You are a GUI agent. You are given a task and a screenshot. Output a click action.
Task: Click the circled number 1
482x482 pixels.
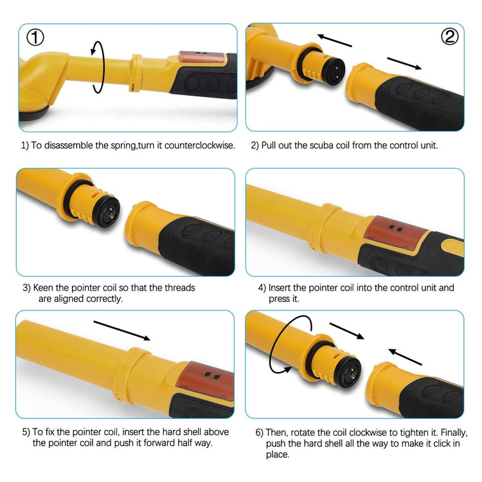click(x=35, y=37)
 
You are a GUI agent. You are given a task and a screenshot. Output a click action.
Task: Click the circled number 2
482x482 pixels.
click(x=450, y=36)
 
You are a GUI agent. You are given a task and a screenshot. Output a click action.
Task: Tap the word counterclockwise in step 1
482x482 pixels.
click(x=199, y=145)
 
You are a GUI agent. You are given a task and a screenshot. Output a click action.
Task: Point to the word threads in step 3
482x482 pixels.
click(x=180, y=288)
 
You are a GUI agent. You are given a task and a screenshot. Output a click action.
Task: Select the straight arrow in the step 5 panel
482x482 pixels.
click(x=121, y=330)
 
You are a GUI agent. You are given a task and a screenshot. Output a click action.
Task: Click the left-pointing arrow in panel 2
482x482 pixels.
click(x=334, y=40)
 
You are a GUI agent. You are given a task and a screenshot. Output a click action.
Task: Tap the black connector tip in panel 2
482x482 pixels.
click(x=334, y=71)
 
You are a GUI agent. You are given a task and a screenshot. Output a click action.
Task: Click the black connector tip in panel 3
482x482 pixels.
click(x=106, y=211)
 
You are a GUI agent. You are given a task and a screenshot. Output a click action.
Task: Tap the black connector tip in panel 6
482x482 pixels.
click(x=348, y=372)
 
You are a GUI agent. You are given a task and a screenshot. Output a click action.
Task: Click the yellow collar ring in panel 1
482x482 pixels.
click(x=136, y=73)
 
